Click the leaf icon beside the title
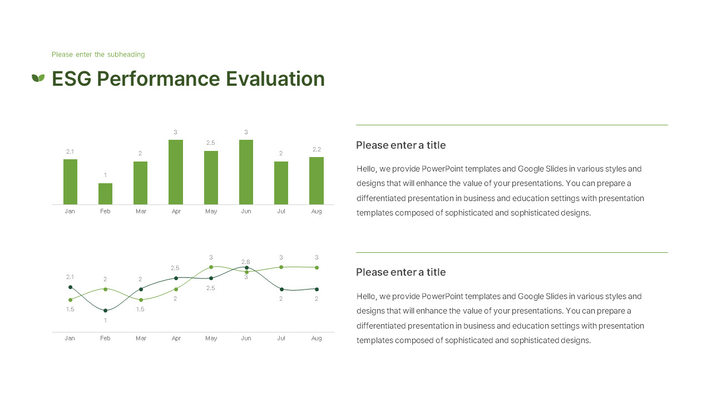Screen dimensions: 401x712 [x=38, y=78]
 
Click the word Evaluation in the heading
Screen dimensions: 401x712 [x=275, y=79]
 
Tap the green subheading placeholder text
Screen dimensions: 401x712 [x=98, y=55]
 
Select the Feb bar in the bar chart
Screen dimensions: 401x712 [x=105, y=194]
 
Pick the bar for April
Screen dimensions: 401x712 [x=176, y=172]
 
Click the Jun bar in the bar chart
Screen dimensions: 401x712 [x=246, y=172]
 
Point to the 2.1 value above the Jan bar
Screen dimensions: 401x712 [x=70, y=151]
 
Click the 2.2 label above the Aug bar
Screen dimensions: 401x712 [x=317, y=149]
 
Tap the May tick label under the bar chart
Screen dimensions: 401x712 [x=211, y=212]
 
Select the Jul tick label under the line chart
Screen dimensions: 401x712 [x=281, y=338]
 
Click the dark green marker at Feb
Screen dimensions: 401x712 [x=105, y=310]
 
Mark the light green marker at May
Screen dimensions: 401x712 [x=211, y=267]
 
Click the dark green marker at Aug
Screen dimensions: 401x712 [x=317, y=289]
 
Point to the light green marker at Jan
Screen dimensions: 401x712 [x=70, y=300]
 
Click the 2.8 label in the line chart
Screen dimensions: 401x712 [x=246, y=262]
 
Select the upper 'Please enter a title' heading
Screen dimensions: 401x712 [x=400, y=145]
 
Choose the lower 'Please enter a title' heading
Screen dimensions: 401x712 [x=400, y=272]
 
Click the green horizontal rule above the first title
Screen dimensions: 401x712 [x=512, y=125]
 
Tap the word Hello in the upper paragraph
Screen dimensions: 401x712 [x=367, y=169]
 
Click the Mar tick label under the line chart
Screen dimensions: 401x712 [x=141, y=338]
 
